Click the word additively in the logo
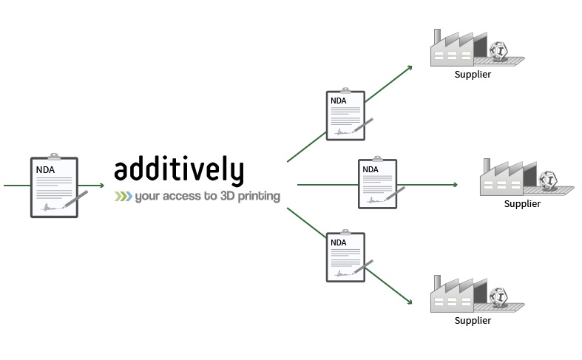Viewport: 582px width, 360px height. pos(178,170)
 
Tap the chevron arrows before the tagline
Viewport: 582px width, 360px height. pos(122,197)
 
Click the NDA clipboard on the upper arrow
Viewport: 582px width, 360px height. pos(345,115)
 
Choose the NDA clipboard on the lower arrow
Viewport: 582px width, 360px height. pos(345,257)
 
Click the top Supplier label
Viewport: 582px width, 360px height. pos(473,74)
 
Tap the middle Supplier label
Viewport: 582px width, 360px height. pos(522,204)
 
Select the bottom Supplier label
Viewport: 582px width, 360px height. pos(473,320)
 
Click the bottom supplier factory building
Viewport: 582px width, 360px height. pos(453,295)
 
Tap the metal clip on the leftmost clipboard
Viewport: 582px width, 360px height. pos(54,157)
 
